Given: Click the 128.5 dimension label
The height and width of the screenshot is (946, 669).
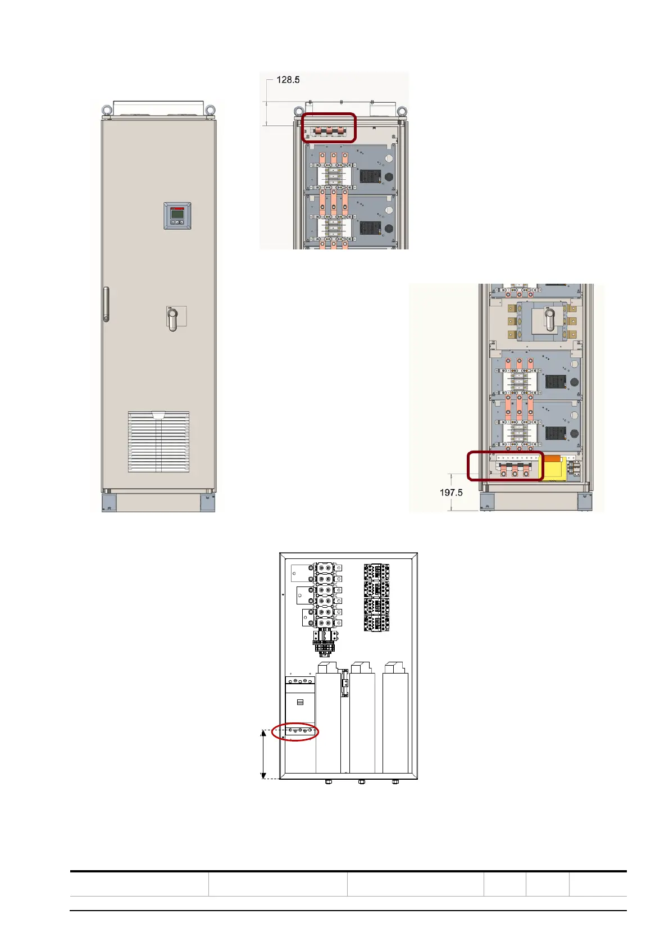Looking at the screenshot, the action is pos(288,80).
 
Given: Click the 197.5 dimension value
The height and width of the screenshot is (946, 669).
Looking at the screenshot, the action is pos(451,493).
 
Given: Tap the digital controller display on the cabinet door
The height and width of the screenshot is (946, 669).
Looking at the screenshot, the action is pos(177,215).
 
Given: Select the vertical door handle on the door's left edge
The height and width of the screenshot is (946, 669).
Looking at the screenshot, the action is pos(106,304).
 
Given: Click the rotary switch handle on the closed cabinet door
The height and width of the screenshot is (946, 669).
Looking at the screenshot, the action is pos(173,318).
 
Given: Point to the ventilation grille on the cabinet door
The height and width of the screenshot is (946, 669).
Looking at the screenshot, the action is pos(158,442).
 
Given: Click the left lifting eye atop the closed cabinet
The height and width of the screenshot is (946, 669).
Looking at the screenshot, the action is pos(106,110).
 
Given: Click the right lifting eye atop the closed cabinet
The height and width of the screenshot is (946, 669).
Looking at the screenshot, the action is pos(210,110).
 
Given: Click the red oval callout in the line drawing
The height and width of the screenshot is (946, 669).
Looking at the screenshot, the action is pos(295,732).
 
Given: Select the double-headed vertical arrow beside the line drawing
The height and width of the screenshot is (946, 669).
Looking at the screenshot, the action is pos(263,754).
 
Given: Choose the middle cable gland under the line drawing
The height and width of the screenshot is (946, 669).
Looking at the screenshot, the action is pos(362,781).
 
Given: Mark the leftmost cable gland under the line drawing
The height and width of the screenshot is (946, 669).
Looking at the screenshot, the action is pos(329,781).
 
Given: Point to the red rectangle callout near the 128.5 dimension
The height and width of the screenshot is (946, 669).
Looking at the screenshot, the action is pos(329,128).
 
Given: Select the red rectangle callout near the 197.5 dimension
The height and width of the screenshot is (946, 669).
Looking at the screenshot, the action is pos(506,466).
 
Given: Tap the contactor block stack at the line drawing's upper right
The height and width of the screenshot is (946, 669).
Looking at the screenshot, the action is pos(376,598).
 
